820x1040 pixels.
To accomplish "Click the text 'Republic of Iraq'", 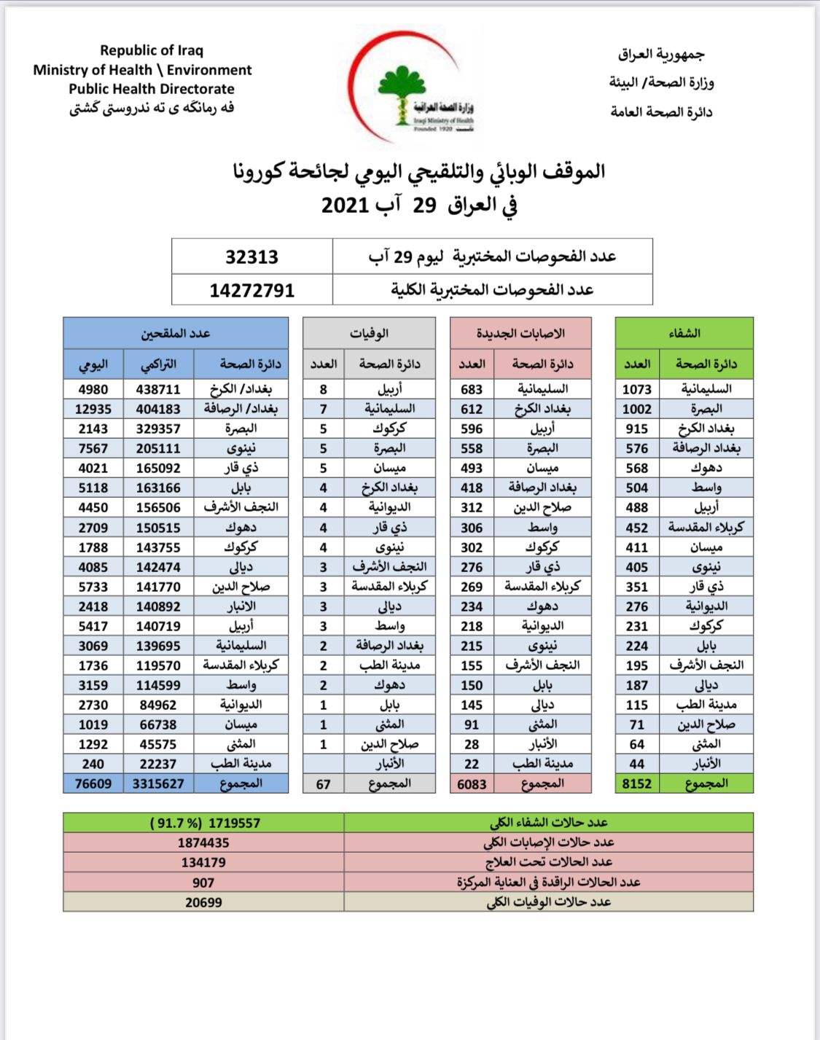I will [x=152, y=50].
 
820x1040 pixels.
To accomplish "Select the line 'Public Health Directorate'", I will [x=152, y=89].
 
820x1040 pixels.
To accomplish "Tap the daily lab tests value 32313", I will [x=251, y=257].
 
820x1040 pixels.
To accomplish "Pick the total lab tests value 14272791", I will [x=251, y=290].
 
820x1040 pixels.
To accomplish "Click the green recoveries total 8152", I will [x=636, y=783].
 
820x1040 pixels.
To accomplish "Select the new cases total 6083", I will [x=472, y=783].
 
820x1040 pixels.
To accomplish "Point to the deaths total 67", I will [x=323, y=784].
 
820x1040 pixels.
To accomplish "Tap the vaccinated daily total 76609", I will [x=93, y=783].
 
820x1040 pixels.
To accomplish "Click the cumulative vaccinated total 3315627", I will [x=158, y=783].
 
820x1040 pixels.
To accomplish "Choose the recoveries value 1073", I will [x=636, y=389].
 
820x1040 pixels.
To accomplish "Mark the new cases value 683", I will [x=472, y=389].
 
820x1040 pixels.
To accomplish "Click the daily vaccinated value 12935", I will [x=93, y=409].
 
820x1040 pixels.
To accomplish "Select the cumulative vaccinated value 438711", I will [x=158, y=389].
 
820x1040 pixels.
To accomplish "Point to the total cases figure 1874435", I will [x=203, y=842].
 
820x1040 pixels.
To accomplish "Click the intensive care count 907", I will [x=203, y=883].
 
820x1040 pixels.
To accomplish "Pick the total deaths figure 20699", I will [x=203, y=902].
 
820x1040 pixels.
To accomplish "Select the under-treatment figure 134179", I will [x=203, y=862].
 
